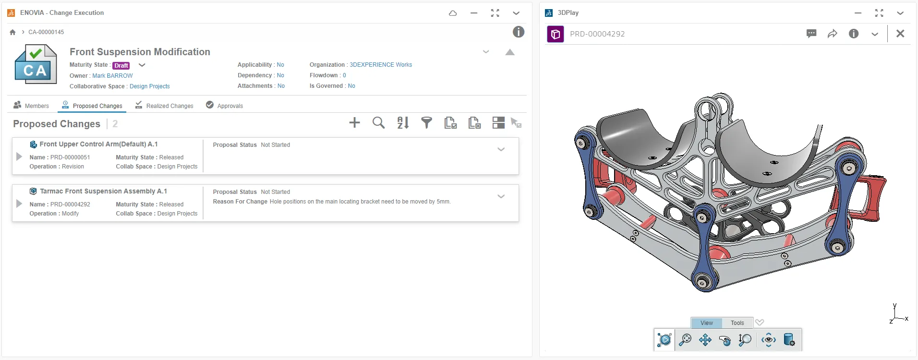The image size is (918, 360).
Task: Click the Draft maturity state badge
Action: [121, 66]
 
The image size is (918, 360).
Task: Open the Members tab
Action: [32, 106]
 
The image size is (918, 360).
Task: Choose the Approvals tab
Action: [224, 106]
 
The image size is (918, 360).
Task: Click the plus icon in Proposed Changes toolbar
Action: [354, 123]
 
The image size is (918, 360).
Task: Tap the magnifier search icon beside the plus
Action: [378, 123]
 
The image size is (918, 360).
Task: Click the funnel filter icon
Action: [426, 123]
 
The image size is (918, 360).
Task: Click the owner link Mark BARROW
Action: [112, 76]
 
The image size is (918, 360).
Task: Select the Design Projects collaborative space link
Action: [149, 86]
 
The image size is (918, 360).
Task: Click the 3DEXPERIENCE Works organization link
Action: [380, 65]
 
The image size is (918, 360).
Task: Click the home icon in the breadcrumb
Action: [13, 32]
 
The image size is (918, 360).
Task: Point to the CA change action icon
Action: [36, 64]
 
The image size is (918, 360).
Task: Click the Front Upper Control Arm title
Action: [98, 144]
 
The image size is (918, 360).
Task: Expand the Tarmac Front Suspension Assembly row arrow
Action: [19, 204]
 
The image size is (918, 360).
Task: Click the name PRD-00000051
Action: [70, 157]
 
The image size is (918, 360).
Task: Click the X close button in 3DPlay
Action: [900, 34]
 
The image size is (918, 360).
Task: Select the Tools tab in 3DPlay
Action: [737, 323]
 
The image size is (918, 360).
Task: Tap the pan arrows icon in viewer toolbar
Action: [705, 340]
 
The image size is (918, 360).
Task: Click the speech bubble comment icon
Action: [811, 34]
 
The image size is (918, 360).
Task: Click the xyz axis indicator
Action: [897, 315]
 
